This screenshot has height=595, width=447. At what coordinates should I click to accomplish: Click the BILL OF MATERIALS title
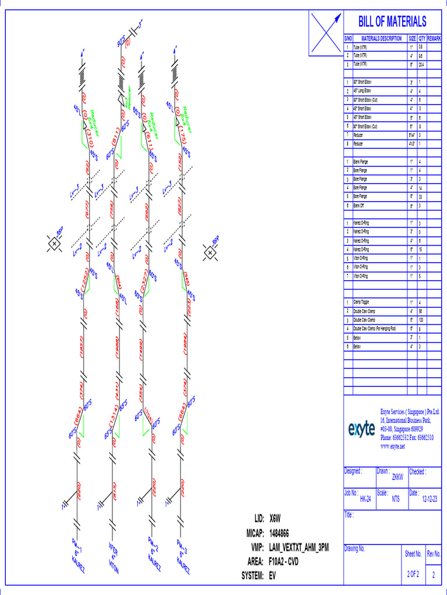pyautogui.click(x=392, y=21)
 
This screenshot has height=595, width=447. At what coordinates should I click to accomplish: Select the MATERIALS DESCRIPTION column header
pyautogui.click(x=377, y=38)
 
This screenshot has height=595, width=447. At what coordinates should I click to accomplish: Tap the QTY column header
pyautogui.click(x=422, y=38)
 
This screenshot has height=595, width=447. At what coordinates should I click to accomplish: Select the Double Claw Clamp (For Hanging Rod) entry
pyautogui.click(x=374, y=328)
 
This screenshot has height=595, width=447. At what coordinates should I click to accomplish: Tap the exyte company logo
pyautogui.click(x=361, y=429)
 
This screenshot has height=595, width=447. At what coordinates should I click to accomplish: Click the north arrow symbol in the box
pyautogui.click(x=325, y=34)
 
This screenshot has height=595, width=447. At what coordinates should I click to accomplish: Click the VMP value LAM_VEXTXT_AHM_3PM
pyautogui.click(x=299, y=547)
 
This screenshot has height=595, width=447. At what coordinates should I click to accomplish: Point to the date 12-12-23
pyautogui.click(x=430, y=499)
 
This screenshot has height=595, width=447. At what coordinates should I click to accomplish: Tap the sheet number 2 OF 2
pyautogui.click(x=413, y=574)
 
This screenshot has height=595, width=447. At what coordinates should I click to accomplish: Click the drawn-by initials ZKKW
pyautogui.click(x=398, y=476)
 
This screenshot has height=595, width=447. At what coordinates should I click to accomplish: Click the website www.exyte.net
pyautogui.click(x=392, y=446)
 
